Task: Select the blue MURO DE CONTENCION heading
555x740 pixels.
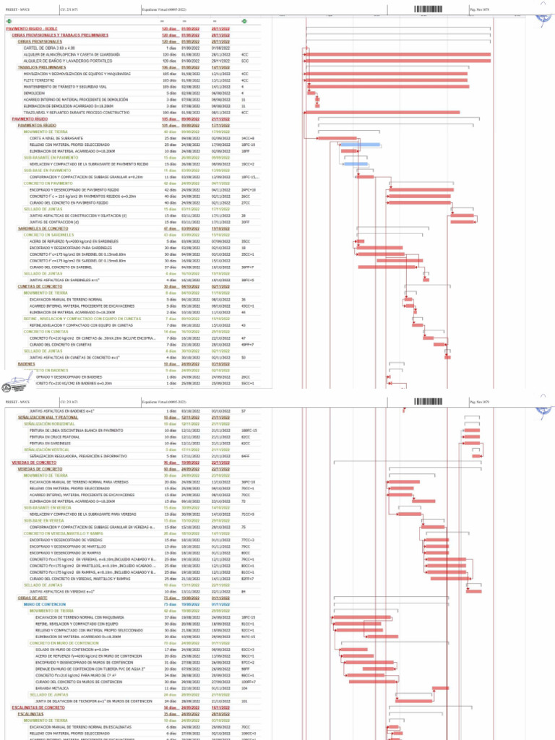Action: (45, 604)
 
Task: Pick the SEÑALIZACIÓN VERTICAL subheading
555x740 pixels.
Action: (45, 449)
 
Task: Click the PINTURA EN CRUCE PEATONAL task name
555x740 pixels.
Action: (50, 437)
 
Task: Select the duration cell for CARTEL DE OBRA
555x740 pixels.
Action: (171, 48)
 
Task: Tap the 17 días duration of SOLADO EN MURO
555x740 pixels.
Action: (171, 650)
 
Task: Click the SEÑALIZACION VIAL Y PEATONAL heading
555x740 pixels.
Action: (43, 418)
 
